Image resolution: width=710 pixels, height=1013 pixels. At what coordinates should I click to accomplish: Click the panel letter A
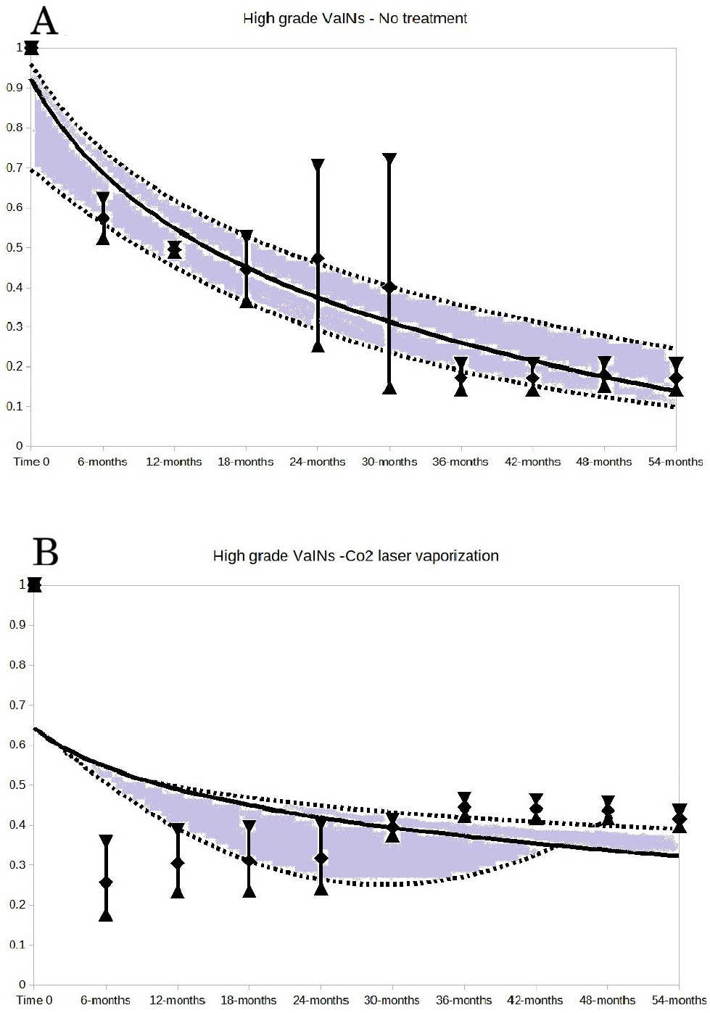44,21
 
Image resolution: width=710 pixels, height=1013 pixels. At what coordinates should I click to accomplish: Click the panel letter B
46,553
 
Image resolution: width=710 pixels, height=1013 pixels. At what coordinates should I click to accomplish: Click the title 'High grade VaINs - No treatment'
355,18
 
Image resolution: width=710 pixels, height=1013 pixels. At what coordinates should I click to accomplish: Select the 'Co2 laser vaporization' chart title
355,556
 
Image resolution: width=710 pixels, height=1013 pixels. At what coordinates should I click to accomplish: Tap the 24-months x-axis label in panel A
318,462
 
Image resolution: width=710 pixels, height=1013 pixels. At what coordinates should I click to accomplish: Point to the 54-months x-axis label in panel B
679,1001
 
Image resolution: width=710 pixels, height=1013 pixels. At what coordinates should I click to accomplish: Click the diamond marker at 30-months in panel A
389,287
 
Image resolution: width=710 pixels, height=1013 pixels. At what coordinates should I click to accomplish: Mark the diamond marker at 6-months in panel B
106,882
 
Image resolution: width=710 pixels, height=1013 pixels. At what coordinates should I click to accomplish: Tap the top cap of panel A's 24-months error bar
318,165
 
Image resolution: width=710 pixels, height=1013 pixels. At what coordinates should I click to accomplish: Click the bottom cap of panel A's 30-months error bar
389,388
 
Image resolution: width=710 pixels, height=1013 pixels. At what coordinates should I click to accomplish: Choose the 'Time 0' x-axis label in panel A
31,462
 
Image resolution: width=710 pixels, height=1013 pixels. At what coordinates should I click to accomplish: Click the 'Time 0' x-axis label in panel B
35,1001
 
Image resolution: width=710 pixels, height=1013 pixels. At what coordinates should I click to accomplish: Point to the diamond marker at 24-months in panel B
321,859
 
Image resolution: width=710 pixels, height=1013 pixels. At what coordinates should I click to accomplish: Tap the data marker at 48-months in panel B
608,811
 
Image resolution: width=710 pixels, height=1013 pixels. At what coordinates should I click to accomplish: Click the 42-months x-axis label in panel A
533,462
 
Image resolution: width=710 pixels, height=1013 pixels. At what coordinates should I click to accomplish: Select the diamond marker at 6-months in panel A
103,218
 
